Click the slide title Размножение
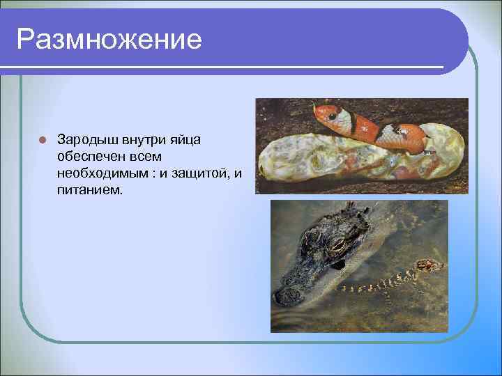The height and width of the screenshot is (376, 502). pos(109,39)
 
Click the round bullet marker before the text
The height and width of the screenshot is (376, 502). pos(42,139)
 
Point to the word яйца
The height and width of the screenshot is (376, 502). pos(183,139)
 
